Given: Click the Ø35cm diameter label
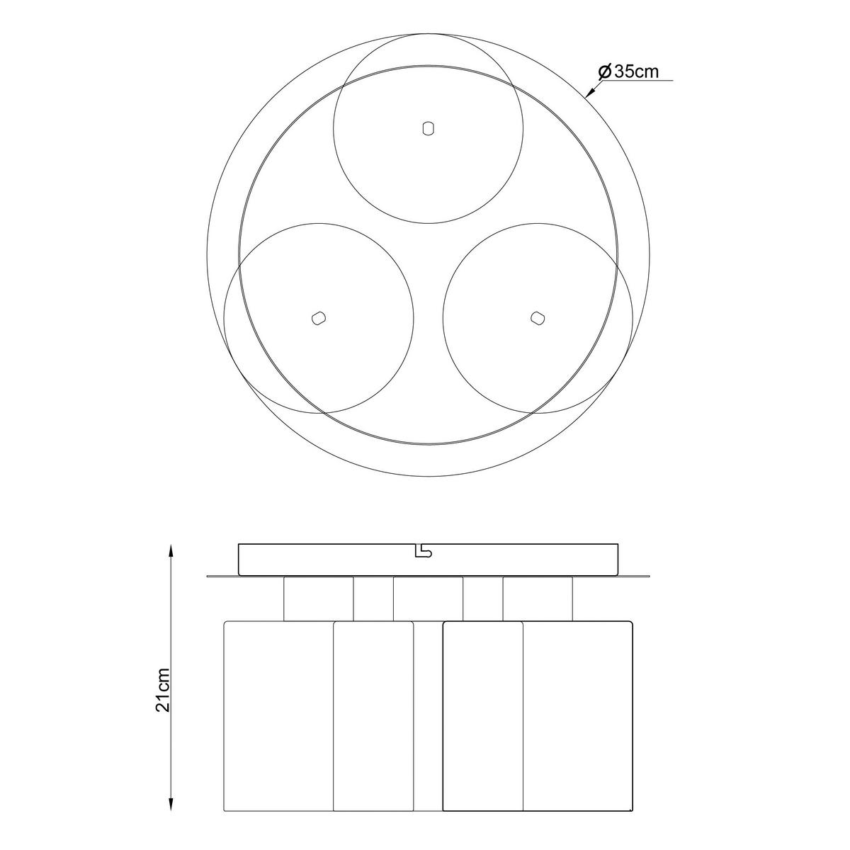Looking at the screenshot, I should [x=628, y=72].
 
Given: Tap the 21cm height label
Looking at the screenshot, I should [x=164, y=688].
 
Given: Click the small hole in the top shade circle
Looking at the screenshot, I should [x=427, y=128].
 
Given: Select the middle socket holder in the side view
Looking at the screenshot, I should [x=428, y=599].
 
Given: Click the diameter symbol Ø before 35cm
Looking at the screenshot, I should [x=604, y=72].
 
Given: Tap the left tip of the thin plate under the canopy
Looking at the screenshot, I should [x=208, y=576].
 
